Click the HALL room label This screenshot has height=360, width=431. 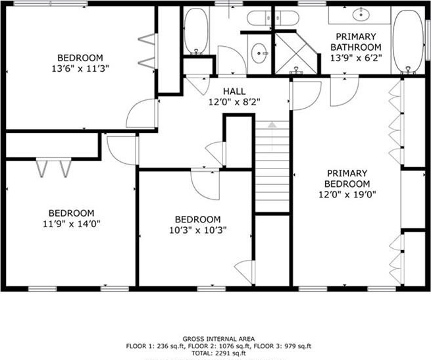234,91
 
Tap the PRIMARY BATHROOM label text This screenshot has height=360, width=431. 356,42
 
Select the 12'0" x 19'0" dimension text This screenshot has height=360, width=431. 347,195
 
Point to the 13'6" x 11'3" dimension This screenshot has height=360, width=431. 80,68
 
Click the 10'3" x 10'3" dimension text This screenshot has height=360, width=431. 197,230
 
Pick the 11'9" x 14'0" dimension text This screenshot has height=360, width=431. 72,224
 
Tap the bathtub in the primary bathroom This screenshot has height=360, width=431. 408,42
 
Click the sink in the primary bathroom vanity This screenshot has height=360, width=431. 361,14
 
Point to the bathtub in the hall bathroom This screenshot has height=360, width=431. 196,31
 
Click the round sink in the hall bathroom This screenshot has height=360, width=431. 259,53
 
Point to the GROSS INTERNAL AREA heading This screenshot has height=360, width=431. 219,339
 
